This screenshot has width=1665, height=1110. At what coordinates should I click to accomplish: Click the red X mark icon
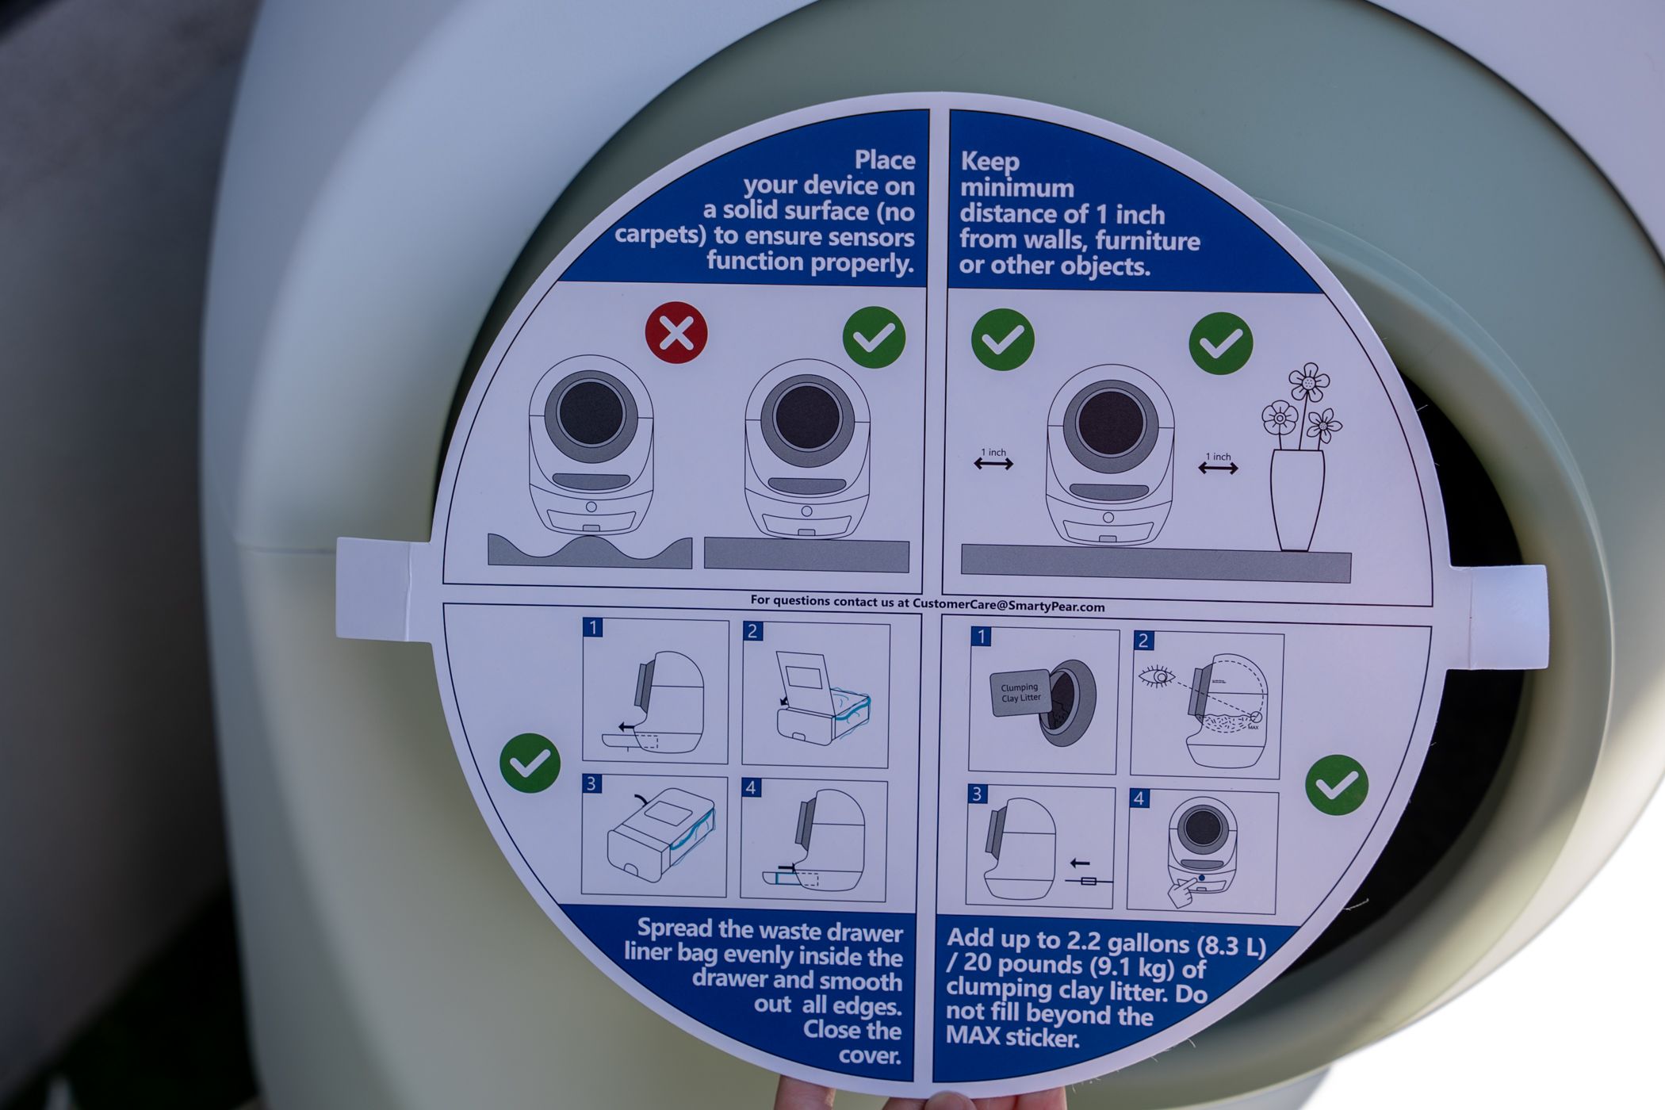pyautogui.click(x=676, y=333)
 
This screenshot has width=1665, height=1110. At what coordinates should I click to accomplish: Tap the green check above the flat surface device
pyautogui.click(x=875, y=338)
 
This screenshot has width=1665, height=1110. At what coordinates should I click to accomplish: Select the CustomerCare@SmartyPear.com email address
pyautogui.click(x=1009, y=605)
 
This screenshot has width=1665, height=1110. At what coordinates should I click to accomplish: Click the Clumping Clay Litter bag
pyautogui.click(x=1020, y=692)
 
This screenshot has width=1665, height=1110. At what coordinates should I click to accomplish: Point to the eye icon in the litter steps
pyautogui.click(x=1157, y=677)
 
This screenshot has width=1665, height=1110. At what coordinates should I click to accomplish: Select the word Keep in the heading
pyautogui.click(x=989, y=162)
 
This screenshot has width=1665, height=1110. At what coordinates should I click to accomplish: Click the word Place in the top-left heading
pyautogui.click(x=885, y=160)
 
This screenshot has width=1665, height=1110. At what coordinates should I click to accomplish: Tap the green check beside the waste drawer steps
pyautogui.click(x=530, y=763)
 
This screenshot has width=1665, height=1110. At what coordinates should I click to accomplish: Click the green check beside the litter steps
pyautogui.click(x=1336, y=785)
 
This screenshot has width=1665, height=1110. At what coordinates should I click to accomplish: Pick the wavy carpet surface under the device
pyautogui.click(x=589, y=552)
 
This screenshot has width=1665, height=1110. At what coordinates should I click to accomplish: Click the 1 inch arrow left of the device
pyautogui.click(x=993, y=464)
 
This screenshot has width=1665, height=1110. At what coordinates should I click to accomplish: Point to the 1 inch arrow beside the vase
pyautogui.click(x=1218, y=469)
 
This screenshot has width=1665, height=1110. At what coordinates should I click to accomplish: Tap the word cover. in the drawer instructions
pyautogui.click(x=870, y=1056)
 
